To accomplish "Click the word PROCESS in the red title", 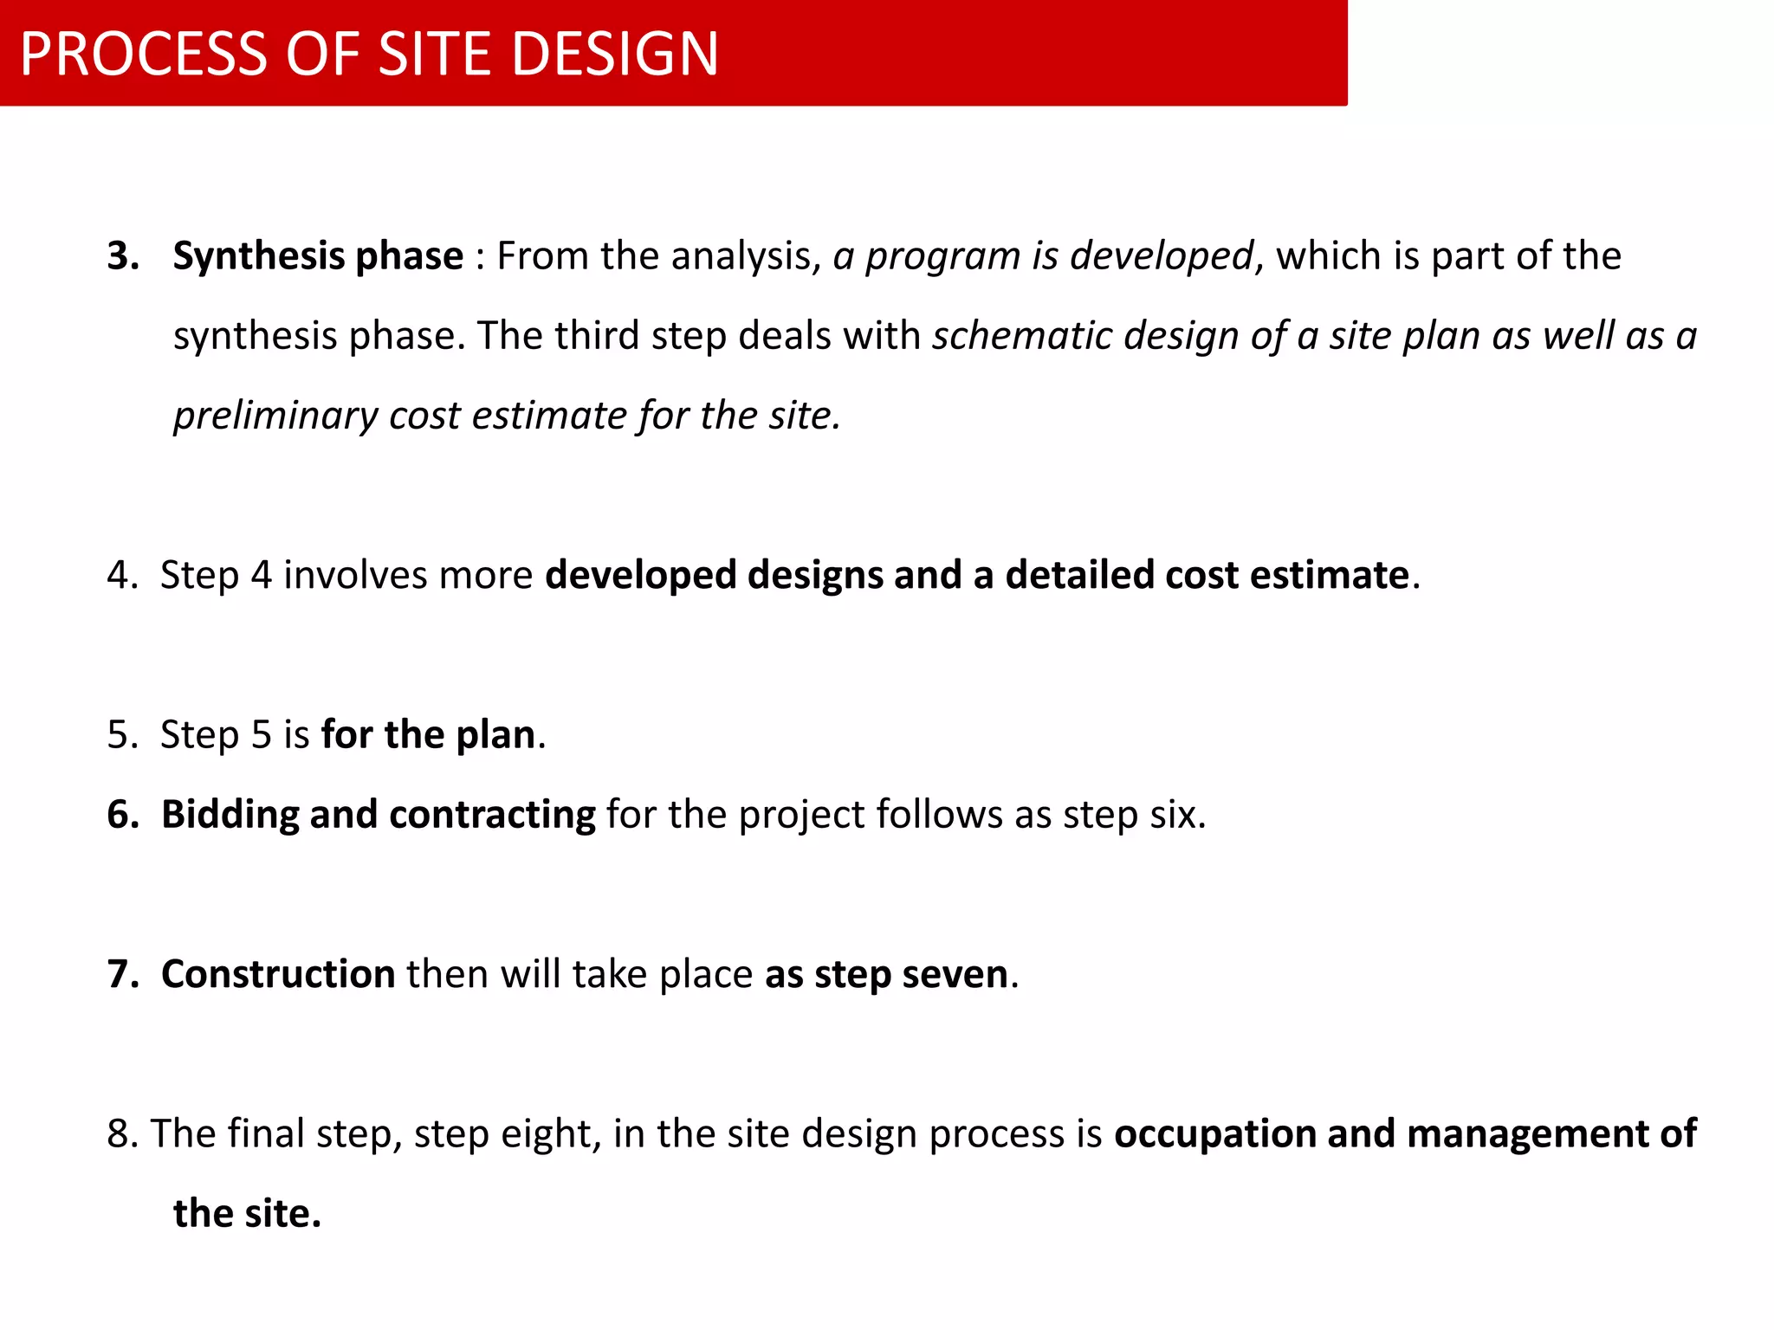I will [x=143, y=54].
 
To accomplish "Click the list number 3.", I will [x=122, y=256].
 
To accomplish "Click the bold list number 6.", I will [x=122, y=815].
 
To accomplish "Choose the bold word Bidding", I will [x=230, y=816].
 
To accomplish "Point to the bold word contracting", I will [x=492, y=816].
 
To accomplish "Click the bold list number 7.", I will [x=122, y=974].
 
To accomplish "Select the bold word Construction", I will [x=278, y=974].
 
